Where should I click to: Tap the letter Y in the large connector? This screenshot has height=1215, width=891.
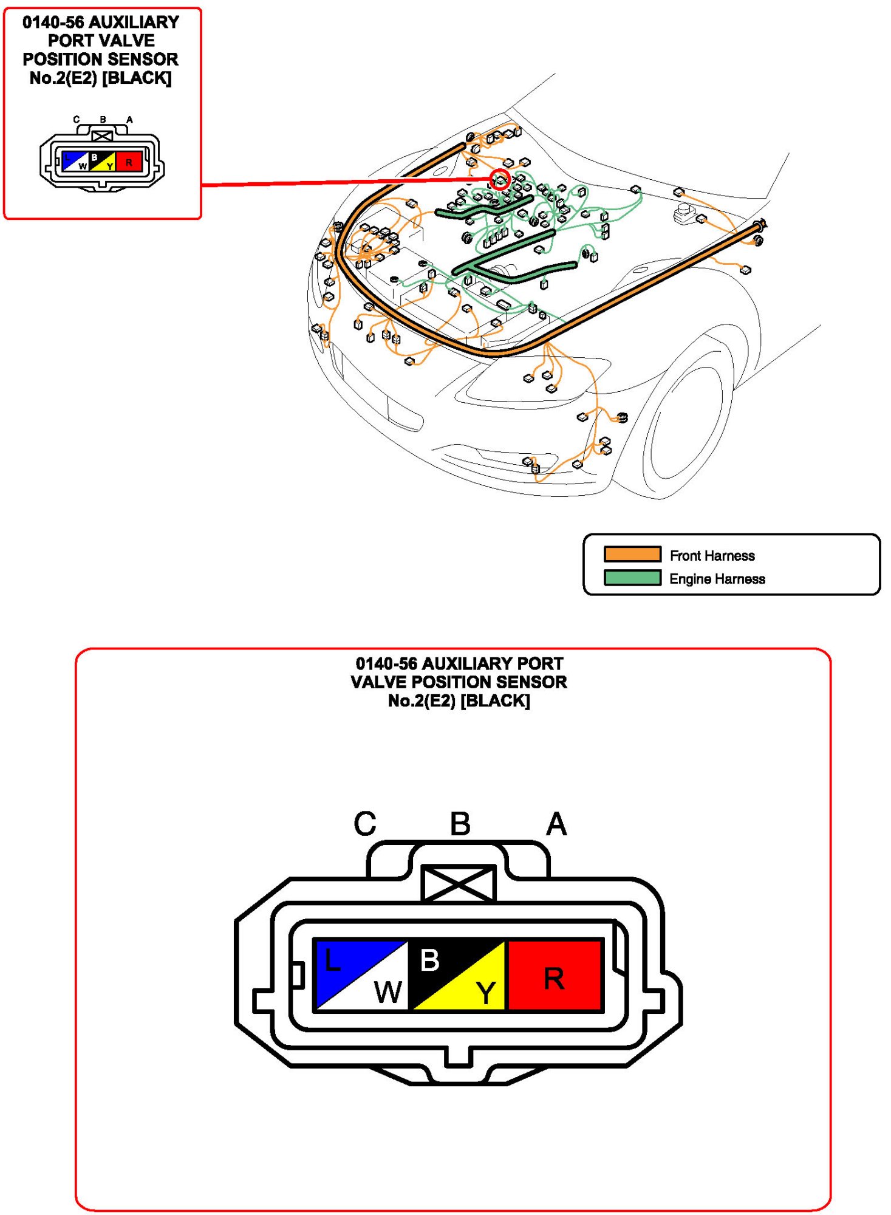[x=486, y=993]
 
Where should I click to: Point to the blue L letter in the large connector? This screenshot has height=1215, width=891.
[x=332, y=960]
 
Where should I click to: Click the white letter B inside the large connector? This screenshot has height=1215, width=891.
[x=429, y=960]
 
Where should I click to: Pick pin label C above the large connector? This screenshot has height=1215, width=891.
[x=365, y=824]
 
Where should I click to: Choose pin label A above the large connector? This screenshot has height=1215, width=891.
[x=556, y=824]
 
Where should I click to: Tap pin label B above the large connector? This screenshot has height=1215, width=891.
[x=460, y=824]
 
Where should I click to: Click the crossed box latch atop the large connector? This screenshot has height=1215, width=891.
[x=459, y=883]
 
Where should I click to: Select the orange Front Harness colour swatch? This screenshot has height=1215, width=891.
[x=632, y=554]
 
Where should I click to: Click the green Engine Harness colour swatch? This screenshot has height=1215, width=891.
[x=632, y=578]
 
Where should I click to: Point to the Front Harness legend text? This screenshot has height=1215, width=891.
[x=712, y=555]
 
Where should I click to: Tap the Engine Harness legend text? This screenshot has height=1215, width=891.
[x=717, y=579]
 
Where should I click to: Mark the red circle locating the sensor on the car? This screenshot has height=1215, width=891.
[x=500, y=179]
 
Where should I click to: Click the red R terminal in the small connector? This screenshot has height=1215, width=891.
[x=129, y=162]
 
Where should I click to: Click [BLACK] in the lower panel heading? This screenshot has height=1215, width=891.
[x=495, y=701]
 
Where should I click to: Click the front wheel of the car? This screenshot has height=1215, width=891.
[x=686, y=425]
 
